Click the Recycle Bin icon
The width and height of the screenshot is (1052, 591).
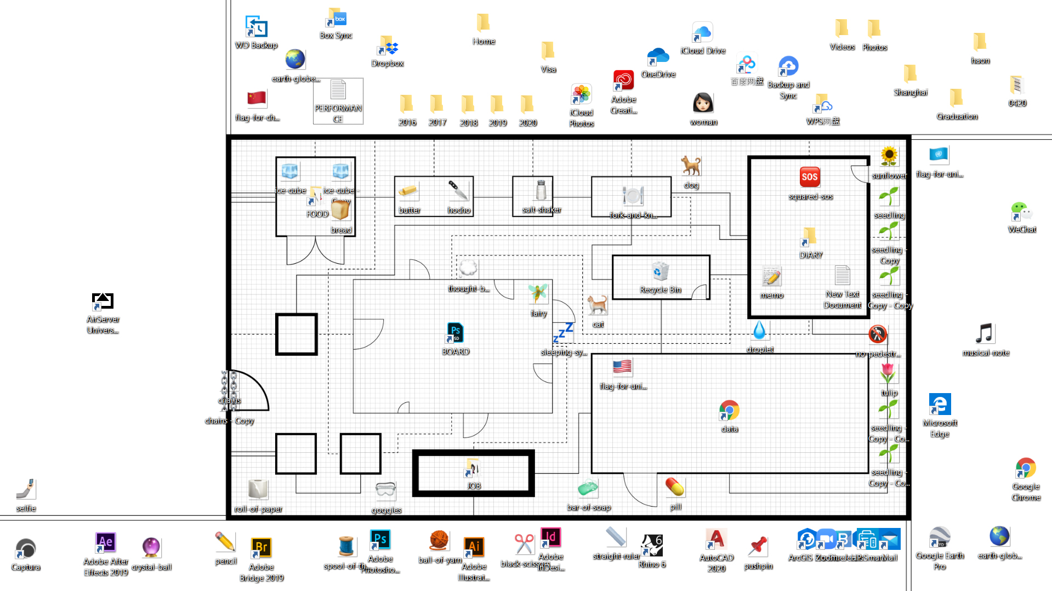click(661, 272)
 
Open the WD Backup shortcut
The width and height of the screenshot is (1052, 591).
click(256, 27)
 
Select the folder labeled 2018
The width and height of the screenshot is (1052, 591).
click(468, 104)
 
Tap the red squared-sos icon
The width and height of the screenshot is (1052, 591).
click(810, 177)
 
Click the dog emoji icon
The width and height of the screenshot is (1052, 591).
click(691, 166)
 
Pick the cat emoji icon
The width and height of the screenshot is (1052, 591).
click(597, 305)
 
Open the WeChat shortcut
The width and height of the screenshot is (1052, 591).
click(1021, 211)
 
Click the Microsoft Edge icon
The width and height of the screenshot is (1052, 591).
click(940, 405)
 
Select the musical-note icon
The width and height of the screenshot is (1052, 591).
click(985, 333)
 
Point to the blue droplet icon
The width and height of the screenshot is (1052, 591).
click(759, 330)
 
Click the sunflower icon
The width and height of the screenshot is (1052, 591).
click(889, 157)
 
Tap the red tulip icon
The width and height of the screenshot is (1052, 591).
click(888, 374)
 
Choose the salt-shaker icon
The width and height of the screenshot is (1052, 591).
click(541, 191)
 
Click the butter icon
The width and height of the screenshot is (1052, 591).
click(408, 191)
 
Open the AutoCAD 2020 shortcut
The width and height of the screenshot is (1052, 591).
click(716, 539)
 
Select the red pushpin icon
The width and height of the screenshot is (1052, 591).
click(758, 546)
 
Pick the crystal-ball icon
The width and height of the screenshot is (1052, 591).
click(151, 547)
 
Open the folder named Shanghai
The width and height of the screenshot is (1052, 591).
click(910, 73)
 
